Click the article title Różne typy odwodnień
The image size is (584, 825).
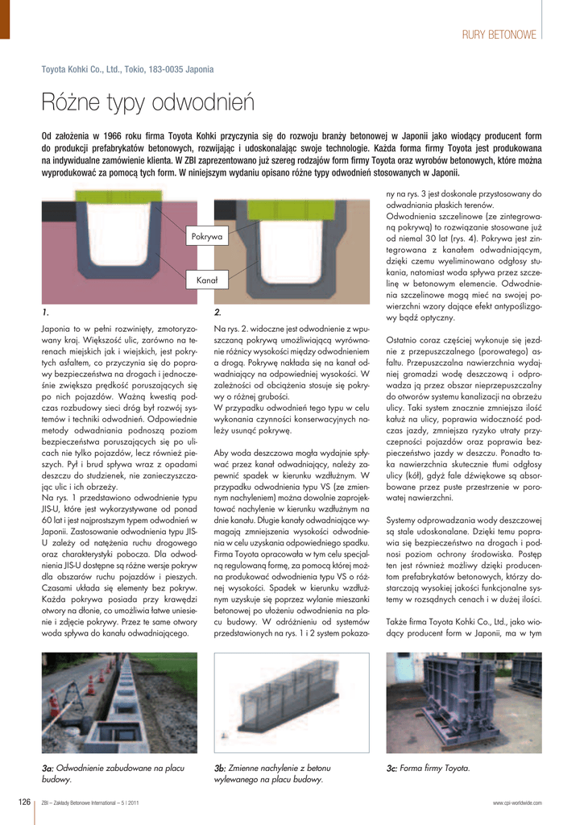148,103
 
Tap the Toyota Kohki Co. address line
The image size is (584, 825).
127,69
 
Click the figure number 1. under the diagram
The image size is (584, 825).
46,312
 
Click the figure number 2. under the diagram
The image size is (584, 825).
217,312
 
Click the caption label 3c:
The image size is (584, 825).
392,769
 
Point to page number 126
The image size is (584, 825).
24,802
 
